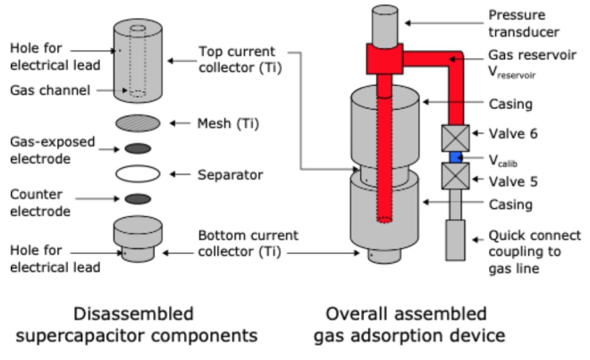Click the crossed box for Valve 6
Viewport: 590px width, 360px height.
pos(453,137)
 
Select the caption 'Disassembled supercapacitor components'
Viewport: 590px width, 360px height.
pos(134,324)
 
